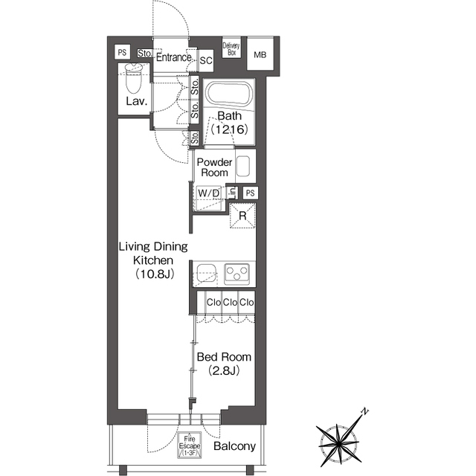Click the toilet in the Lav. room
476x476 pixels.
tap(134, 78)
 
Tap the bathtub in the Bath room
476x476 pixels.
tap(229, 94)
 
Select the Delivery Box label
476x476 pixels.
tap(231, 49)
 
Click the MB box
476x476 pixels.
tap(260, 54)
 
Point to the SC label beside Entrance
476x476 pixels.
tap(206, 61)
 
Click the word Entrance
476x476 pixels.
tap(174, 57)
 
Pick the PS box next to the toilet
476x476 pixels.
tap(122, 52)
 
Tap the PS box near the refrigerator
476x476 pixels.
tap(251, 193)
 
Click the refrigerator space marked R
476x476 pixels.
tap(242, 216)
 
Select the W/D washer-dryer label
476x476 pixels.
tap(208, 193)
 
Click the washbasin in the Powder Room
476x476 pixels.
tap(243, 166)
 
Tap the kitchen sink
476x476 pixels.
tap(207, 273)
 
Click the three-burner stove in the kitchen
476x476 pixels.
tap(237, 274)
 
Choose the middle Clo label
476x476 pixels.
tap(230, 303)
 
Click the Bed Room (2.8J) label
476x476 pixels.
tap(224, 364)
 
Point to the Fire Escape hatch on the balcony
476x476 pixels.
tap(190, 445)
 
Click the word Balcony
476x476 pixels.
tap(235, 446)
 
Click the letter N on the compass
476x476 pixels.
tap(365, 411)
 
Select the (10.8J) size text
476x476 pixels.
tap(155, 274)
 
